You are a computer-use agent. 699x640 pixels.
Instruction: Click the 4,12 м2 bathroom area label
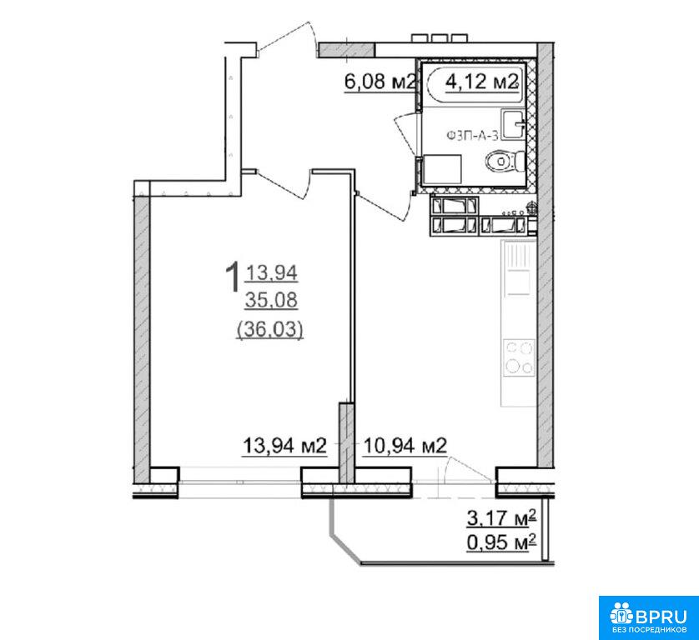(482, 82)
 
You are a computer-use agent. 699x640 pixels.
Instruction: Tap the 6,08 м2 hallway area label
(380, 82)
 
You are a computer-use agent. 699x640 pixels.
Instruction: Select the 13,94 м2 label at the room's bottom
(284, 445)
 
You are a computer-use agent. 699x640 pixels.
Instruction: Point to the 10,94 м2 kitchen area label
(405, 445)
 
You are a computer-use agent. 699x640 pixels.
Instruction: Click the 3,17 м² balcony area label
(501, 519)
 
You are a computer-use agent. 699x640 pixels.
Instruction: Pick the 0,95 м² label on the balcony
(501, 542)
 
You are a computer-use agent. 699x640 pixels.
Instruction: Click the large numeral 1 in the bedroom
(233, 277)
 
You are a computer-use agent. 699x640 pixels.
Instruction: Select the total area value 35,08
(271, 301)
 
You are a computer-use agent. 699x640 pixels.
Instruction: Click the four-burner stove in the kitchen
(519, 357)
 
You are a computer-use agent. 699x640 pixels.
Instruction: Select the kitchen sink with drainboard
(519, 268)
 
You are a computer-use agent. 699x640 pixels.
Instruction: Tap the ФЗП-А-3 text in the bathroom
(471, 135)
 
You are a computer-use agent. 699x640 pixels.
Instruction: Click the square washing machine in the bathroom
(441, 169)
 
